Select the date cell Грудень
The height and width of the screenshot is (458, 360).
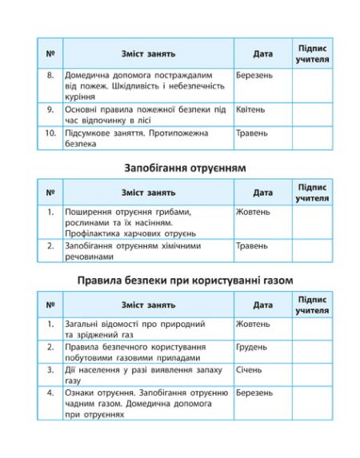coord(253,347)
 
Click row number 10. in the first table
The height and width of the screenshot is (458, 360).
coord(50,133)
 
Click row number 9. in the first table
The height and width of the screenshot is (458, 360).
coord(50,108)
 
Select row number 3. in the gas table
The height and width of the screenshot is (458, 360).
coord(50,370)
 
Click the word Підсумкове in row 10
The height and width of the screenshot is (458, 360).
coord(90,133)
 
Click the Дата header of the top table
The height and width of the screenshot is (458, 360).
coord(262,54)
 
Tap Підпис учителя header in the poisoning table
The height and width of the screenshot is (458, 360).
coord(311,192)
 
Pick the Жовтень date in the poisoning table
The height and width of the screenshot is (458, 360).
coord(253,212)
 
